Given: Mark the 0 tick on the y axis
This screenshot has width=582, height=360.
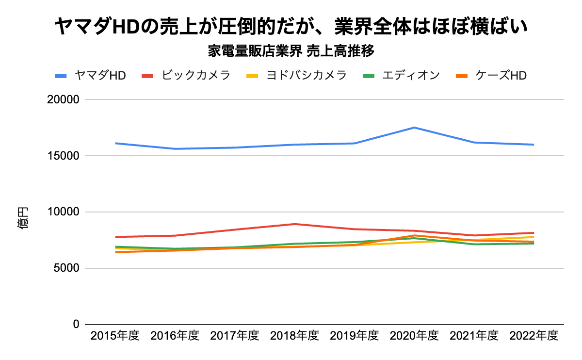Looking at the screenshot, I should click(x=76, y=324).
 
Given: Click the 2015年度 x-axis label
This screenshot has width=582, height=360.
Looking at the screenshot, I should click(x=115, y=336).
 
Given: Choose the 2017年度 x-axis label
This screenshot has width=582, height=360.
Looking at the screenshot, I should click(x=235, y=336).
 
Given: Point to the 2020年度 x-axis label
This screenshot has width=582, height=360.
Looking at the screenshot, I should click(x=414, y=336).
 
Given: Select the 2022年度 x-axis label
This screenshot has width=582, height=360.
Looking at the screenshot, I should click(x=534, y=336).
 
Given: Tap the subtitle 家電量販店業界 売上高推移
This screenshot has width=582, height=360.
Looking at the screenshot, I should click(x=291, y=50).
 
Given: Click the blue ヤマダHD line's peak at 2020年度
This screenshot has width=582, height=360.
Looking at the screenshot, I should click(x=414, y=128).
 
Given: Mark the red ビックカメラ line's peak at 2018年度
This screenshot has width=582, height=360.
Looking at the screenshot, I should click(x=294, y=224).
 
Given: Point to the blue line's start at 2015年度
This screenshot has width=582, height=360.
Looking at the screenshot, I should click(x=115, y=143).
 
